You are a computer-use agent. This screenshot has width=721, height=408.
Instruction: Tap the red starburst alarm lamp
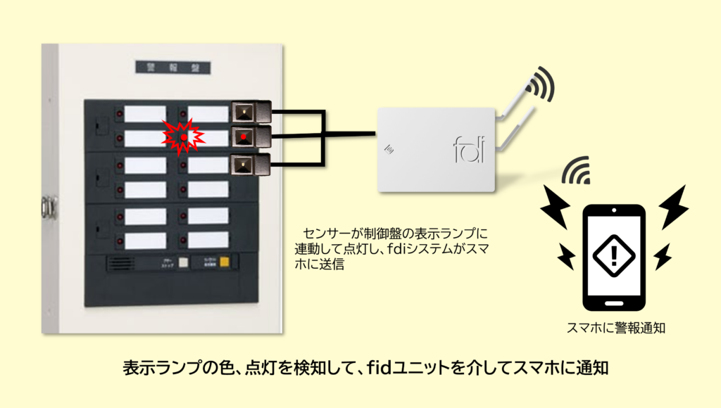[184, 135]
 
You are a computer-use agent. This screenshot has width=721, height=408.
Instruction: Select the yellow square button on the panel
[225, 264]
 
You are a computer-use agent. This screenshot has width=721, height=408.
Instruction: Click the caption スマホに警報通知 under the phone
[616, 327]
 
